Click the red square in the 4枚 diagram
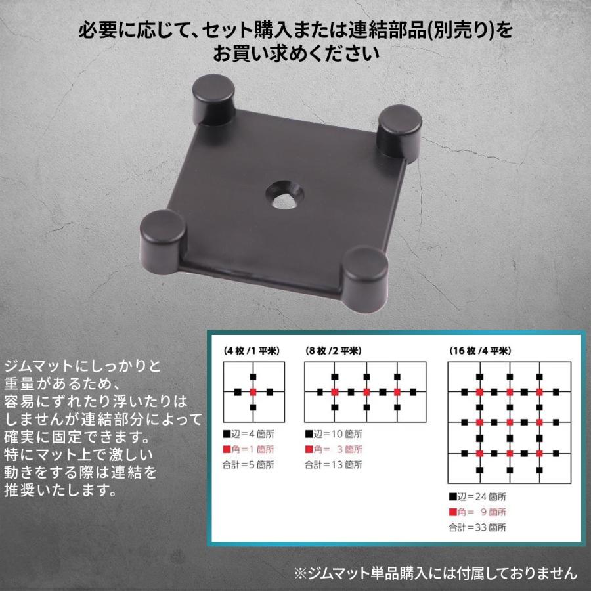[x=253, y=392]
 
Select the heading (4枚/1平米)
[x=252, y=351]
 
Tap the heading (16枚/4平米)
[x=481, y=351]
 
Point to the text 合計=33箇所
[x=479, y=527]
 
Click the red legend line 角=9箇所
[x=477, y=512]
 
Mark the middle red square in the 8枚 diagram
[x=366, y=392]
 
